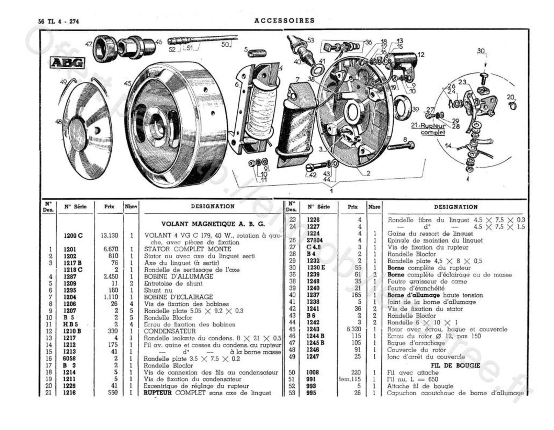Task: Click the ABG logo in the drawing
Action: click(x=67, y=63)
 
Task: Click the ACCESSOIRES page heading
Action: click(x=284, y=21)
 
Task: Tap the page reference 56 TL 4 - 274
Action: click(x=59, y=21)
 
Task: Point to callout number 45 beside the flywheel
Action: click(x=127, y=83)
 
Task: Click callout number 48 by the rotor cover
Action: click(x=59, y=121)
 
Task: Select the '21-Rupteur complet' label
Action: click(x=428, y=129)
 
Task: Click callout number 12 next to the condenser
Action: click(x=421, y=54)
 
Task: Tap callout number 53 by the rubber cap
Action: click(x=310, y=40)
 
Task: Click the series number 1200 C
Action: click(x=73, y=236)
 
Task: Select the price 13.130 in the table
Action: click(x=109, y=236)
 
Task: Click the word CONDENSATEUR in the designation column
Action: click(x=170, y=331)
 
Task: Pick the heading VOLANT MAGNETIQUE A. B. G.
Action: click(x=213, y=224)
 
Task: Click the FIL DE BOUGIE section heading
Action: click(x=455, y=365)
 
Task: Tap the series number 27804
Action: click(x=315, y=240)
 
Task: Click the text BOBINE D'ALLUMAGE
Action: click(x=178, y=276)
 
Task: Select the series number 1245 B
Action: click(x=315, y=343)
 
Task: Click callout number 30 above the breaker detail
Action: click(x=481, y=51)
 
